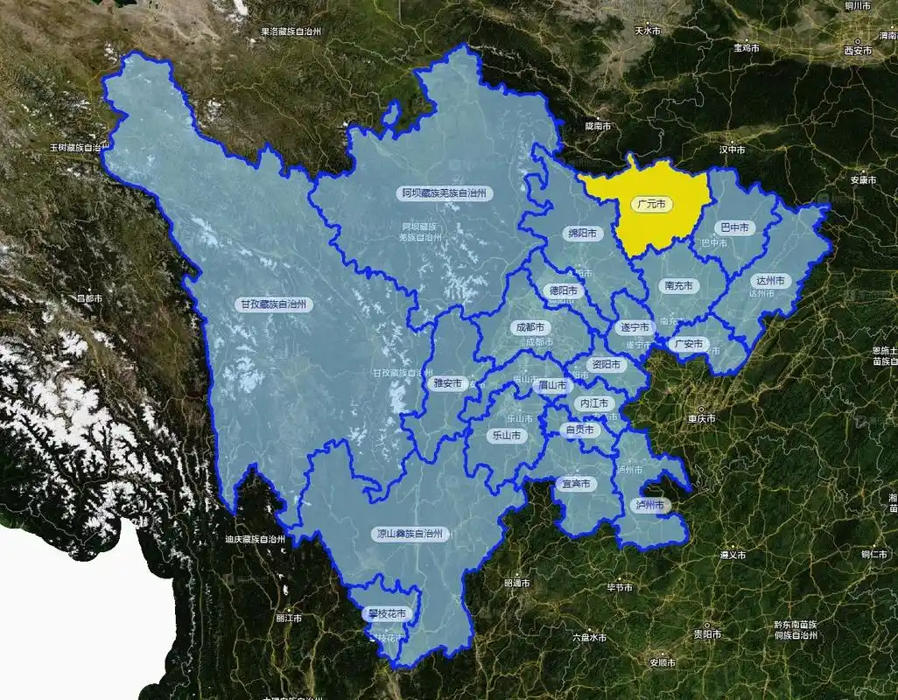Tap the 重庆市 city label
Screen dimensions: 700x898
[701, 418]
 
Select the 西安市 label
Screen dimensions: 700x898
[858, 51]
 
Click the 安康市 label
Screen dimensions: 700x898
[863, 180]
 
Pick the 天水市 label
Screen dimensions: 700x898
[648, 31]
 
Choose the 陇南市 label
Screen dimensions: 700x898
[600, 126]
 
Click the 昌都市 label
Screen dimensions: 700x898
[89, 298]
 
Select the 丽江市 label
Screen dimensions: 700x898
[288, 618]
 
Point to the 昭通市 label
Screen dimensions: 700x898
[517, 582]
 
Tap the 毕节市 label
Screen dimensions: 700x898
[620, 587]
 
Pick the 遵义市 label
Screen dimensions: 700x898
[732, 555]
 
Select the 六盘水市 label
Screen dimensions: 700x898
[588, 638]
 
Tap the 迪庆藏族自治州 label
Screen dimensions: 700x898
[255, 539]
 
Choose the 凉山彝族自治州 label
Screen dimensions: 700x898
[410, 533]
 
